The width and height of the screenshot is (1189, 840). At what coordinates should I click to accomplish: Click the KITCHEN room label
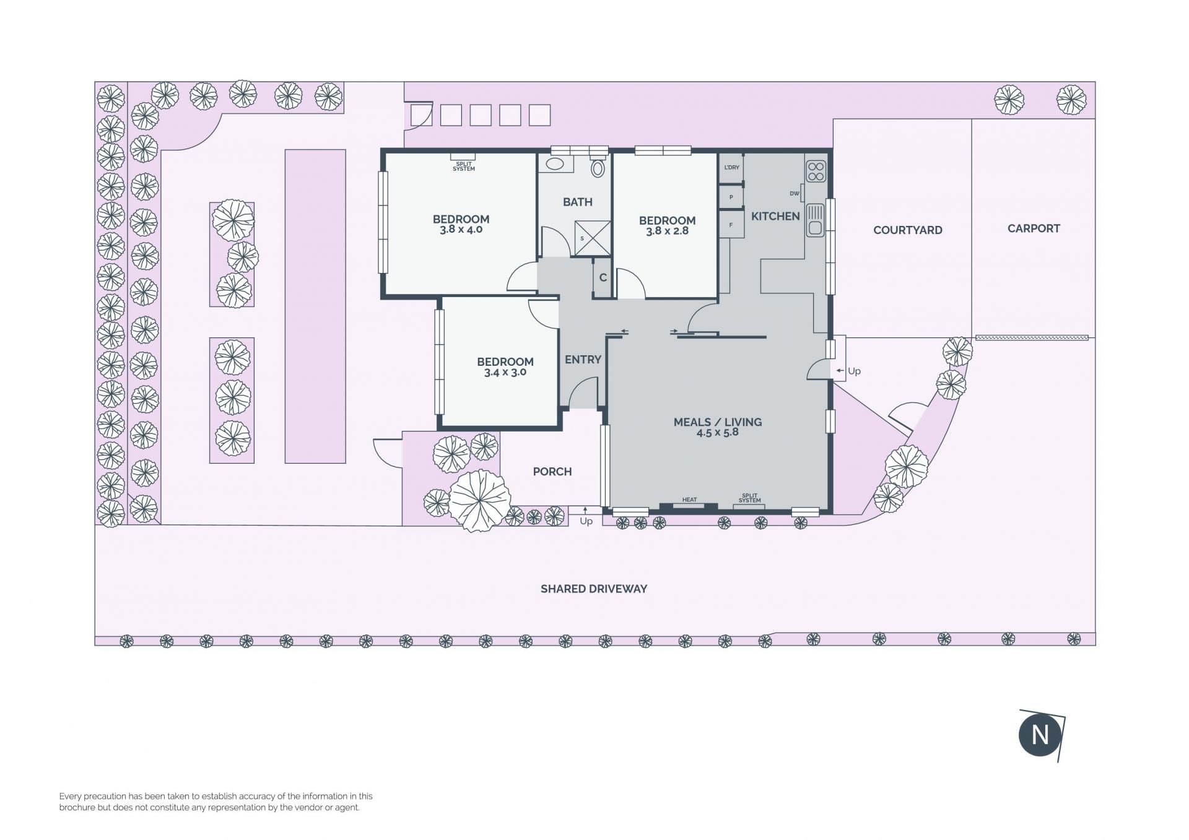point(775,216)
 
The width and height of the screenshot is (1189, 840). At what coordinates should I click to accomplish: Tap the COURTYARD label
point(907,230)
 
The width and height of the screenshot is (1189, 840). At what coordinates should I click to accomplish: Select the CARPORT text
point(1034,228)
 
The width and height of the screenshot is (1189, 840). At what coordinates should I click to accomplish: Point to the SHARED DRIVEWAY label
point(594,589)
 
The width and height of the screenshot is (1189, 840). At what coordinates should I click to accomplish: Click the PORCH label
point(552,472)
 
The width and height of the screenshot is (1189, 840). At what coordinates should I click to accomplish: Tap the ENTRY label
point(583,359)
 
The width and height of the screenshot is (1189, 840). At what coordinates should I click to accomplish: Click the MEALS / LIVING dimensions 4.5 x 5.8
point(718,433)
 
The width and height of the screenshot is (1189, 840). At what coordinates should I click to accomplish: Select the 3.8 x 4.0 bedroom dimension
point(461,230)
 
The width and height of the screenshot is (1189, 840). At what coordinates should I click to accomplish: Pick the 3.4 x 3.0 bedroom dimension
point(505,373)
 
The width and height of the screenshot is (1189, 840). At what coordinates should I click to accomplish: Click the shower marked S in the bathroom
point(593,238)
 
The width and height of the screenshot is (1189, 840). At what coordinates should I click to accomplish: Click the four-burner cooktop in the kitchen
point(816,171)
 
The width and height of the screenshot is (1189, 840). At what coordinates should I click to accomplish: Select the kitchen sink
point(816,220)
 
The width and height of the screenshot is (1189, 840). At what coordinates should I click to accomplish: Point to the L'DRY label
point(731,167)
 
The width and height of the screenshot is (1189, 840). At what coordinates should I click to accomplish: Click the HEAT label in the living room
point(689,500)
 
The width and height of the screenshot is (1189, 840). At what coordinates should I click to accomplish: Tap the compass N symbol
point(1040,735)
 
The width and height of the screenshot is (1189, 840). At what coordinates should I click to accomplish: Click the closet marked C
point(603,277)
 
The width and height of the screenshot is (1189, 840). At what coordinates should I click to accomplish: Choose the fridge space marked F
point(731,225)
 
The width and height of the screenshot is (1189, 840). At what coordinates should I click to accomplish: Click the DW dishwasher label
point(795,194)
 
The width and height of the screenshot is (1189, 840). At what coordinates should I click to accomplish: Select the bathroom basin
point(555,164)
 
